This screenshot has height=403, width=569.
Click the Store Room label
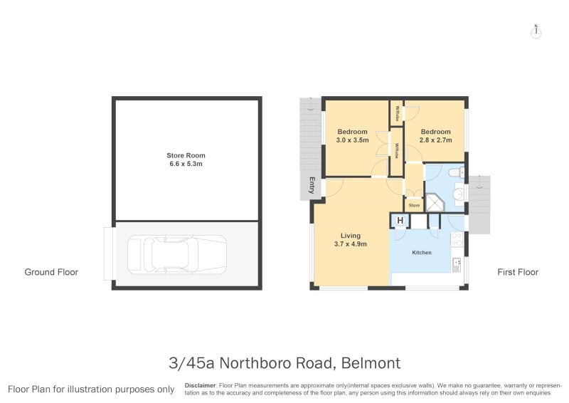coord(186,155)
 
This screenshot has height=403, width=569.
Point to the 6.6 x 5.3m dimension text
coord(186,164)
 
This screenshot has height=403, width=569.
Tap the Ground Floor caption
coord(51,272)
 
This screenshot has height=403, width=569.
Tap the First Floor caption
coord(519,272)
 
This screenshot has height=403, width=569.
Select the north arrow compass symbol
coord(537,31)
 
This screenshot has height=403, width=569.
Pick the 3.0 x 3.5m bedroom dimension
coord(352,140)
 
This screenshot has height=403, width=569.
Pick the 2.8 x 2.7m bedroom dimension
coord(435,140)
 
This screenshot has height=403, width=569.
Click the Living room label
coord(351,236)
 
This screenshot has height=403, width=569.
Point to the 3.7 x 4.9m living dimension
coord(351,244)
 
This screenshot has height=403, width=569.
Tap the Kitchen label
coord(422,253)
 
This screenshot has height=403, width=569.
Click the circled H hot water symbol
coord(400,221)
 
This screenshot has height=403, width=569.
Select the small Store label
coord(414,206)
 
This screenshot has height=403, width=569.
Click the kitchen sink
coord(456,264)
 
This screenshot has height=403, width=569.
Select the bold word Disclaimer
coord(200,384)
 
